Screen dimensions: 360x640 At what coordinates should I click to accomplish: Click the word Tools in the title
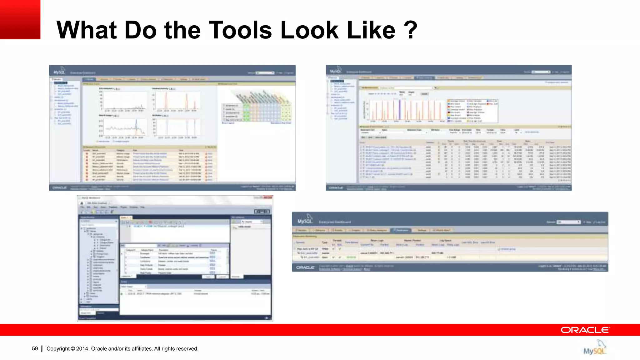240,30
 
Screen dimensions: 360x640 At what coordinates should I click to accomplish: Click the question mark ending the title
410,30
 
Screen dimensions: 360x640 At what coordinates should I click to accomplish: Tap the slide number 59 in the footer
35,348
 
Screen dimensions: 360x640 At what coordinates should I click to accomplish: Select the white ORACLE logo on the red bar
585,330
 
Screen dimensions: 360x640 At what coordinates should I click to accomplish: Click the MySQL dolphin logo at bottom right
595,347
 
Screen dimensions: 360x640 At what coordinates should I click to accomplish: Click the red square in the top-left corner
20,19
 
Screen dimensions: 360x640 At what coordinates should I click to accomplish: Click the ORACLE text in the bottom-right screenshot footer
305,267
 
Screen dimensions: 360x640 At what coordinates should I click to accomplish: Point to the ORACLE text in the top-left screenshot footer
59,187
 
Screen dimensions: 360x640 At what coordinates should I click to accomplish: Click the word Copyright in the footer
58,349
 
